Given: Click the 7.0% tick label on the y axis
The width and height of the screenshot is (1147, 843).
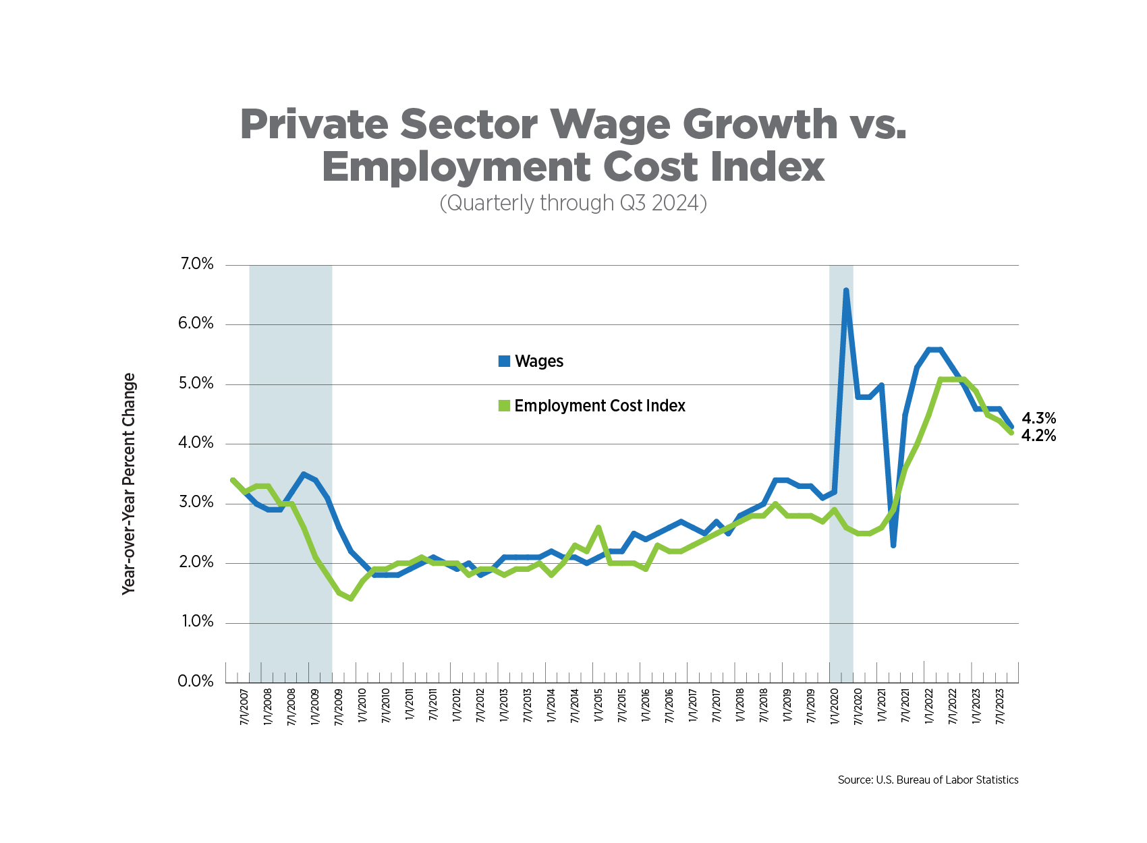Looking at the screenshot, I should point(196,264).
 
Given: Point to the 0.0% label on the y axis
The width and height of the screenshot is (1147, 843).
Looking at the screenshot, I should point(196,681).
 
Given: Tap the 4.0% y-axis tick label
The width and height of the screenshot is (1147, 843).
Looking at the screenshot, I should point(196,443).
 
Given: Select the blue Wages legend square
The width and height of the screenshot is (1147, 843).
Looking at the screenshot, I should point(504,361).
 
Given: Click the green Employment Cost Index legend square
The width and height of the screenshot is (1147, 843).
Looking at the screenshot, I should point(504,406).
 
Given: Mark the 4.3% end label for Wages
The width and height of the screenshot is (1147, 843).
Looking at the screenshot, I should point(1038,419).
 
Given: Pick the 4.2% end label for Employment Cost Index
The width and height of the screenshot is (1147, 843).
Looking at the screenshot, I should point(1038,436).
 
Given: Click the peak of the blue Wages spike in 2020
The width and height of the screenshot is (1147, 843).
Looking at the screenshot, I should point(846,291).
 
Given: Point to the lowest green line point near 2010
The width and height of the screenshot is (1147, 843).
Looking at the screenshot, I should point(351,598).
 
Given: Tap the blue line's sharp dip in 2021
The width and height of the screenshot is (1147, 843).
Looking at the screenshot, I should point(893,545).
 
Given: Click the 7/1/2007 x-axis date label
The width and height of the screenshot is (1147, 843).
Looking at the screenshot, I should point(244,706).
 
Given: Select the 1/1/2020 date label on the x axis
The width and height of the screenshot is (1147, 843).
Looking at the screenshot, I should point(835,706).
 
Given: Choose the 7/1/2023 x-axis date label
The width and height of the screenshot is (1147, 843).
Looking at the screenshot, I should point(1000,706).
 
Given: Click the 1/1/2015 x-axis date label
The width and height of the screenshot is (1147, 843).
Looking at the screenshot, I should point(598,706).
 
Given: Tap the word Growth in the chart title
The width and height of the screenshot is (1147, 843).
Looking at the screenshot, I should point(760,125).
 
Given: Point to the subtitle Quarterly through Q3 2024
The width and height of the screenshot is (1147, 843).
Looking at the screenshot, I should point(573,203).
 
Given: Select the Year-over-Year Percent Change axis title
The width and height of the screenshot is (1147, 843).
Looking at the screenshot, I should point(129,484).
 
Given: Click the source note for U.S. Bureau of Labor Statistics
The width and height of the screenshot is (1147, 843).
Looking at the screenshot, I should point(928,780).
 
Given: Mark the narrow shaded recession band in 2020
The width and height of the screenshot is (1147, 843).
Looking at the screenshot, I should point(841,472).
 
